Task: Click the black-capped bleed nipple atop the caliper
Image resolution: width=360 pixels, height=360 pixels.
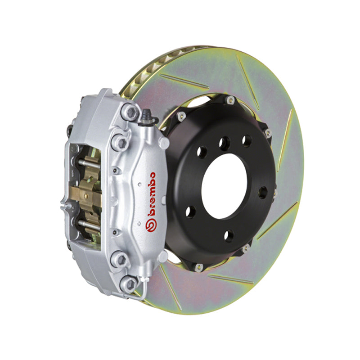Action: tap(146, 117)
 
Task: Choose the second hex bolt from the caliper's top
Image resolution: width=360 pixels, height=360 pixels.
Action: tap(120, 142)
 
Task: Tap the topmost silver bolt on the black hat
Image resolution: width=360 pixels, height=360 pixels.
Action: tap(230, 100)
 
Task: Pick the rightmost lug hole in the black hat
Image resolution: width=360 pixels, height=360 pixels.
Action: tap(262, 191)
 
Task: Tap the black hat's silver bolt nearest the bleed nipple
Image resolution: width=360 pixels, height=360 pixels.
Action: tap(182, 116)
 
